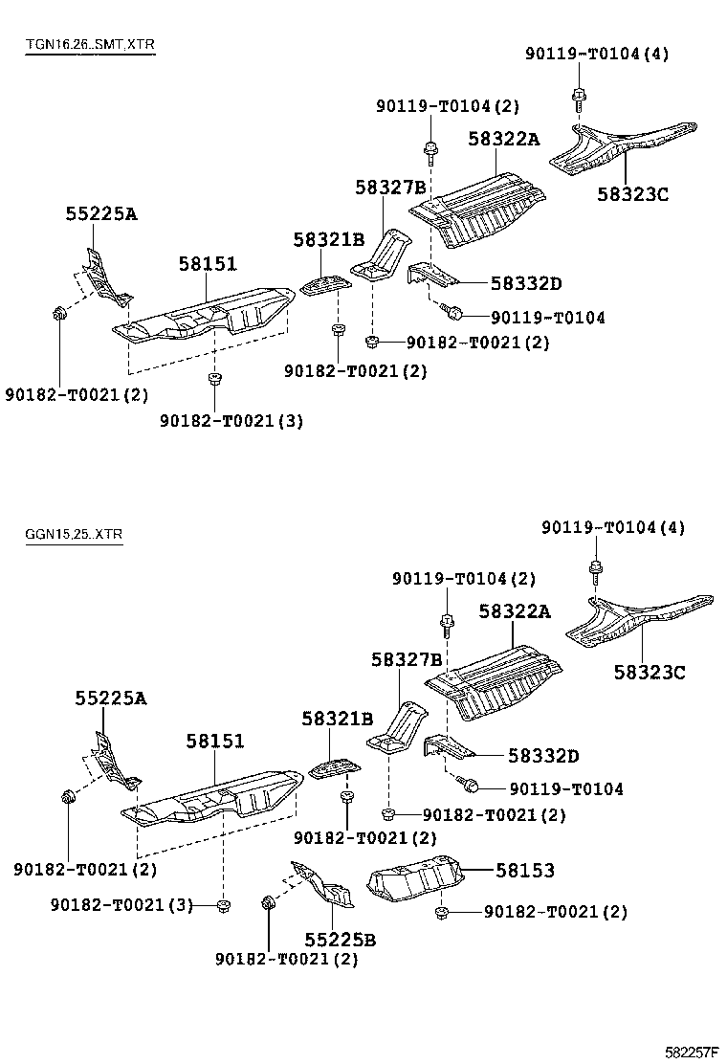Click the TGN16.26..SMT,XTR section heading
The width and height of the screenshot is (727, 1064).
click(90, 45)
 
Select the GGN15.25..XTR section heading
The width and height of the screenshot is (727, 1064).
click(75, 533)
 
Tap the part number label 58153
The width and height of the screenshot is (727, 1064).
click(524, 871)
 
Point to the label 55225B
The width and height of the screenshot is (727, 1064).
click(341, 940)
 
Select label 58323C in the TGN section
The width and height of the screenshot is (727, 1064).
click(632, 194)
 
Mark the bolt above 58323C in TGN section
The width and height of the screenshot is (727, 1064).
click(579, 95)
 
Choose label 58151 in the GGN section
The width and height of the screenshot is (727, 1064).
click(215, 741)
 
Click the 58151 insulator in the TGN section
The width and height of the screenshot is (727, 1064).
click(206, 316)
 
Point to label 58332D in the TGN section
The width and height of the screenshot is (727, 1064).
click(526, 283)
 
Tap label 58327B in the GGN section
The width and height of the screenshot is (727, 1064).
click(407, 660)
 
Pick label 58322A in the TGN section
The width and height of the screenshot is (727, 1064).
click(503, 140)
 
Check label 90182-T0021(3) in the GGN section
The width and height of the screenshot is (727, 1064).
click(121, 904)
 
